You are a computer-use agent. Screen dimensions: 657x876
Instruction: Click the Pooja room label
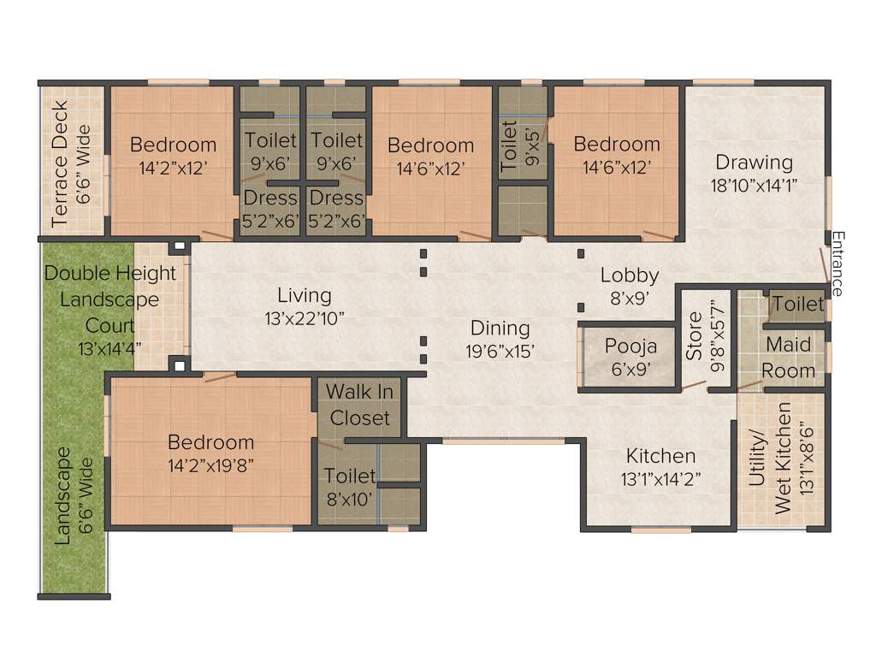630,346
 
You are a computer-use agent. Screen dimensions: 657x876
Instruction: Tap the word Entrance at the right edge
838,263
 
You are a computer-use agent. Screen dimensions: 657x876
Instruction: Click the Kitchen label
660,456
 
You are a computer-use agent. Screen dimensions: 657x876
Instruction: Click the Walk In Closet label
360,405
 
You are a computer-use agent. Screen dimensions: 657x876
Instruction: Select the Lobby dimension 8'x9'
629,299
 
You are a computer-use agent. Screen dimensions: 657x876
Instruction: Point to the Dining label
500,328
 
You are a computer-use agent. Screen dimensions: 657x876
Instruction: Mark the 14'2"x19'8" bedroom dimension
210,465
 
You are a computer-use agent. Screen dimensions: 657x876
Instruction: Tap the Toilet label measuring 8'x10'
348,476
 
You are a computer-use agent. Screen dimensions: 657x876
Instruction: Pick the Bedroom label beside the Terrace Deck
173,144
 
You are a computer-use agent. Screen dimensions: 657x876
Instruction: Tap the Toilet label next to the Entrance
797,304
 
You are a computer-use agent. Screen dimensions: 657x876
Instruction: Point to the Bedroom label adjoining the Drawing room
617,144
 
